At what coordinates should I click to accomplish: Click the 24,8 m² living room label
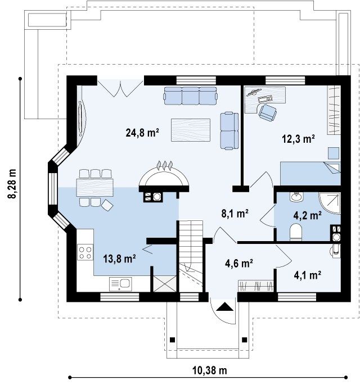point(142,133)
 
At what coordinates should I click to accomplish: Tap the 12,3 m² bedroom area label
point(298,139)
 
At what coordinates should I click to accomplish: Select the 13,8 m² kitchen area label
point(119,259)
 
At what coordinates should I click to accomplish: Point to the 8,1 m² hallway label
point(235,214)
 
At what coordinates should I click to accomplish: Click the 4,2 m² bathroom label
point(308,215)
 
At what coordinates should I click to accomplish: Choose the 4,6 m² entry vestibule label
point(239,263)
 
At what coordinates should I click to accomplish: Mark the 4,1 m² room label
point(308,275)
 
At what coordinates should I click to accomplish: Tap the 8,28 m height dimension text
point(12,184)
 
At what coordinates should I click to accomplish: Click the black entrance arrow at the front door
point(224,307)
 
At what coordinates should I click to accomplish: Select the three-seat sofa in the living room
point(191,96)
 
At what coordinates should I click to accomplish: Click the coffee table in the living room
point(191,130)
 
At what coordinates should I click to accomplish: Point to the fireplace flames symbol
point(164,165)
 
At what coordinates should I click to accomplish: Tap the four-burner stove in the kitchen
point(85,252)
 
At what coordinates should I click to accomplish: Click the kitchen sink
point(120,284)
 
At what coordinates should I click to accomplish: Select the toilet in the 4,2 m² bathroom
point(296,232)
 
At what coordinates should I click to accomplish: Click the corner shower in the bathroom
point(330,203)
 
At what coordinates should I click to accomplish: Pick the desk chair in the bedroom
point(267,112)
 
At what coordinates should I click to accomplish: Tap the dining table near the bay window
point(95,188)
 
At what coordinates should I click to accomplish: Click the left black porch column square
point(173,340)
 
